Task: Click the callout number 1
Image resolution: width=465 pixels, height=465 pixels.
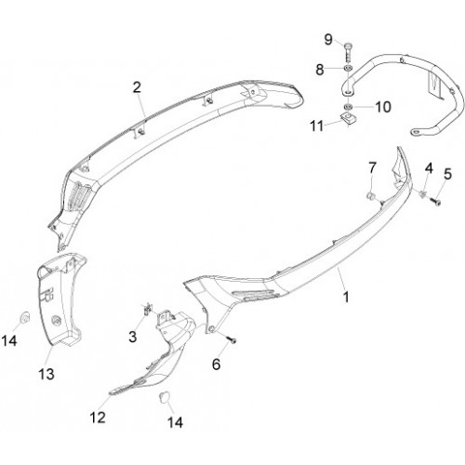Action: coord(346,297)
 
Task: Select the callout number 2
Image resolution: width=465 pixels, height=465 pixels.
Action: coord(137,87)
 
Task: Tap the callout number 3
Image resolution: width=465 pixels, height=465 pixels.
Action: coord(133,337)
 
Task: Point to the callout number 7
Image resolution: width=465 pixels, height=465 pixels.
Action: coord(372,168)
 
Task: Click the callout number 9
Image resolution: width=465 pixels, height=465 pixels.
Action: coord(328,40)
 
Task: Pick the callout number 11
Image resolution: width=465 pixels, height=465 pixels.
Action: coord(317,126)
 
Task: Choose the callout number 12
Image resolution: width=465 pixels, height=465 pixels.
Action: coord(98,418)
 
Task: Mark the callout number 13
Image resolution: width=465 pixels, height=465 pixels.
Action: coord(46,374)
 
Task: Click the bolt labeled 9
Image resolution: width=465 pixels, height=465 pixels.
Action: coord(348,53)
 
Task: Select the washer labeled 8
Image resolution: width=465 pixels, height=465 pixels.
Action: coord(348,69)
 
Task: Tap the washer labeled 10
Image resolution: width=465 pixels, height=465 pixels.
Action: coord(348,107)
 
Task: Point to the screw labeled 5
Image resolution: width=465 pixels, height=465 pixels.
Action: coord(436,203)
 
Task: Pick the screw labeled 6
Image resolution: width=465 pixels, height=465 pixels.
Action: coord(232,339)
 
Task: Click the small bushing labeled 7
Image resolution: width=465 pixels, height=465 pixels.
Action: coord(370,196)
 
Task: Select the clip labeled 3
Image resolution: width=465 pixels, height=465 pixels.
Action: coord(148,309)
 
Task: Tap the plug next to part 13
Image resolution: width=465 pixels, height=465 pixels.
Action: coord(24,317)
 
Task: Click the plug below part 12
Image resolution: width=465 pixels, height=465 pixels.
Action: coord(164,396)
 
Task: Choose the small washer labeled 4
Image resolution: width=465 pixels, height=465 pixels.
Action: coord(422,194)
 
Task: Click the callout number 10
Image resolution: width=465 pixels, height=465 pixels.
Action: coord(383,107)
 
